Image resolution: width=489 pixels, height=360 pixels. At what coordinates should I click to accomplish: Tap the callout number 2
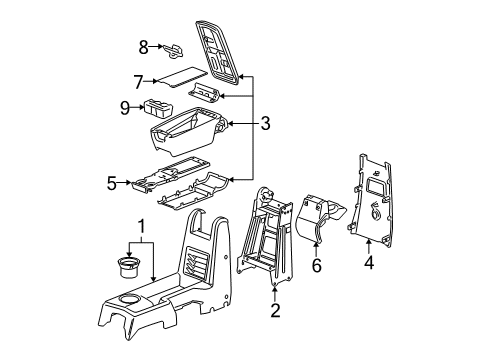[x=275, y=310]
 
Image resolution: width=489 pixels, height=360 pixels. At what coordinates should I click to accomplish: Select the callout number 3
[x=265, y=125]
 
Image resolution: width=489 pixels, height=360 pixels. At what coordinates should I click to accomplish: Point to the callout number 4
[x=369, y=264]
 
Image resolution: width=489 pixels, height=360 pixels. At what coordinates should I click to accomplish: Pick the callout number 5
[x=112, y=183]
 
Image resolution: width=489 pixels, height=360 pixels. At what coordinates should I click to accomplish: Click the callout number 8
[x=143, y=46]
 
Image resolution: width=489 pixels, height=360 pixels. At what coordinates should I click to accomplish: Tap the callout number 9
[x=125, y=108]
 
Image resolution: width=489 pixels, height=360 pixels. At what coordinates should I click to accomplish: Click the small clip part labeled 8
[x=173, y=46]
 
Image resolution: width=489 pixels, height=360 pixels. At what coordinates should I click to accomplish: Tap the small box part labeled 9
[x=161, y=108]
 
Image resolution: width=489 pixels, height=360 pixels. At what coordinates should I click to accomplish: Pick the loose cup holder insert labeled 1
[x=129, y=267]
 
